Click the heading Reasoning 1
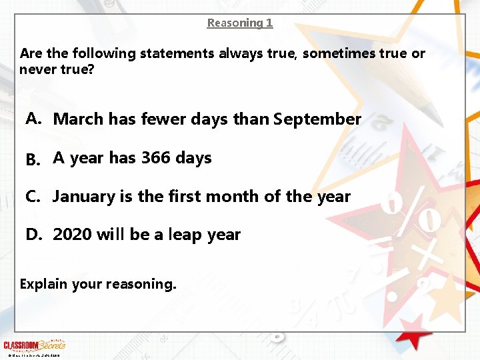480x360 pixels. tap(240, 23)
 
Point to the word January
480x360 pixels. tap(83, 197)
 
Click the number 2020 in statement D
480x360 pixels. tap(73, 235)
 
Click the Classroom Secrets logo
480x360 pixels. tap(35, 345)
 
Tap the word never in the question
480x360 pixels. tap(38, 69)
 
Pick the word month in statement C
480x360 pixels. tap(237, 197)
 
